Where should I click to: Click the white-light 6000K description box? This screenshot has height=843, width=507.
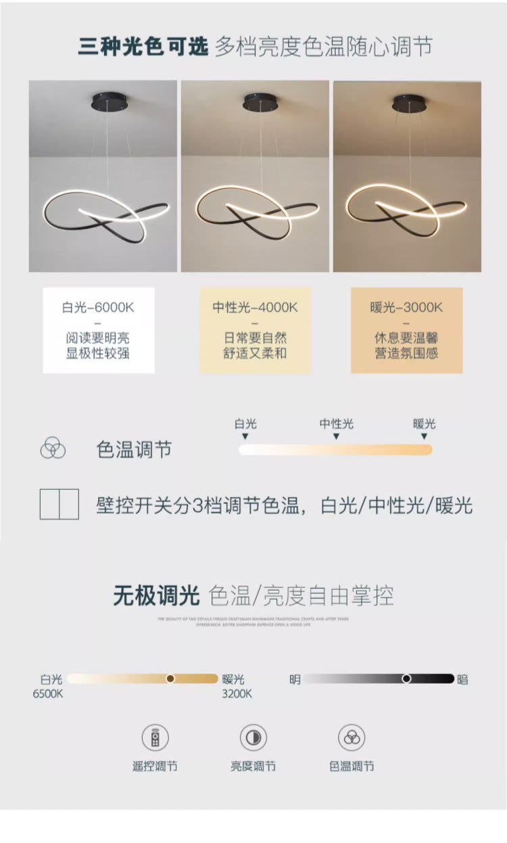click(99, 330)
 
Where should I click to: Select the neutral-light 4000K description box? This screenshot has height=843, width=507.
click(255, 330)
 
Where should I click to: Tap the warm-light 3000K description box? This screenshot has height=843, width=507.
click(406, 330)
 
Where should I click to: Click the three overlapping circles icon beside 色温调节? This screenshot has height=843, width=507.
click(53, 449)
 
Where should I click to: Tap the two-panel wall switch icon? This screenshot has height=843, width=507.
click(59, 504)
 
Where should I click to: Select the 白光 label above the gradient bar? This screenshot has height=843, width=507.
click(245, 424)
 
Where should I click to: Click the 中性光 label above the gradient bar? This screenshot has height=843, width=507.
click(336, 424)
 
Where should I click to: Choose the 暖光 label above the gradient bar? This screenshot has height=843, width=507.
click(425, 424)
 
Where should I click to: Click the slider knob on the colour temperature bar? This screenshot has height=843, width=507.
click(170, 678)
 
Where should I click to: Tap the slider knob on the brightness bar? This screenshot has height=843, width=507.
click(406, 678)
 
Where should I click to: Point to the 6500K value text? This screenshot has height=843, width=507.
click(47, 693)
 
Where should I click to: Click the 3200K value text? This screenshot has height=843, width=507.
click(237, 693)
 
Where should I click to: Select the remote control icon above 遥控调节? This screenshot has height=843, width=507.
click(155, 737)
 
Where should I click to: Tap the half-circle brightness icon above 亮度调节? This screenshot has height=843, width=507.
click(253, 737)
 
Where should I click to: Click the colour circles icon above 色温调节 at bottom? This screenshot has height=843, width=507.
click(352, 737)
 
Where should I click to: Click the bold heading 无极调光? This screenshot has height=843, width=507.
click(156, 595)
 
